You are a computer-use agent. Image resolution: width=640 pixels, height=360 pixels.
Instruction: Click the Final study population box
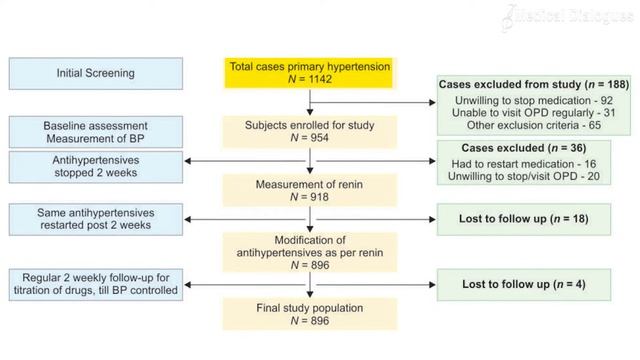pos(308,312)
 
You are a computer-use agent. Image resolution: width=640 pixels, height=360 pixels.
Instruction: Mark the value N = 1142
pos(308,80)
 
